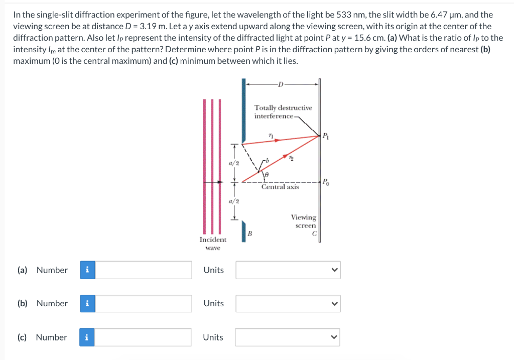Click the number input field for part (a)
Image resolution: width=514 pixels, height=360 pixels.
coord(144,270)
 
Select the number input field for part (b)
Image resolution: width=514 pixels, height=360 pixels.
coord(144,303)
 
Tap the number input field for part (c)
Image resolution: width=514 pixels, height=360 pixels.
coord(144,337)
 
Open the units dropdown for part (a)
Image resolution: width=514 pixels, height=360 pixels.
coord(288,270)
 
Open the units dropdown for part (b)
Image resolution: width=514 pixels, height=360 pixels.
coord(288,303)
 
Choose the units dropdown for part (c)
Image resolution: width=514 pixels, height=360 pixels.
coord(288,337)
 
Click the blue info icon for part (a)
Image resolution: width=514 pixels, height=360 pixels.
coord(87,270)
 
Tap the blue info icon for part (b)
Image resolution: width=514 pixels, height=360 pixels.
coord(87,303)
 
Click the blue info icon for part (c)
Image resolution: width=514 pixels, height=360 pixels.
coord(87,337)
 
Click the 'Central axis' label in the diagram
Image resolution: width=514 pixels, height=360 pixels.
coord(280,187)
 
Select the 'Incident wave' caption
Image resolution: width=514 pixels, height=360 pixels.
coord(212,244)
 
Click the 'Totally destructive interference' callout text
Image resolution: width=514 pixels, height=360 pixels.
coord(283,112)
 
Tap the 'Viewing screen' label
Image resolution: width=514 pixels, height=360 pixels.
coord(303,221)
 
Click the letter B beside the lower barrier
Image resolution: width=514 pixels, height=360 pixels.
coord(249,233)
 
